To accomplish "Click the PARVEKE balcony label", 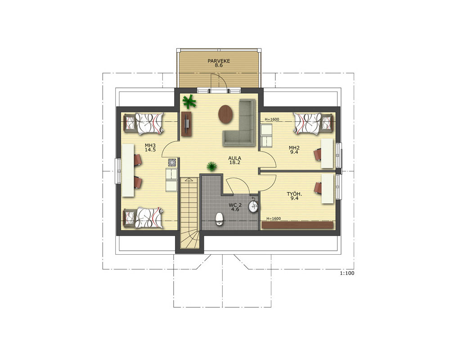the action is point(219,61).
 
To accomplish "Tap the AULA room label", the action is point(234,158).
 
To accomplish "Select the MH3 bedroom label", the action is point(150,145).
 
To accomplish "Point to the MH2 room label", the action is point(294,148).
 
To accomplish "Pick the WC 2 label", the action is point(235,205).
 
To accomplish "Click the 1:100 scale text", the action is point(347,273).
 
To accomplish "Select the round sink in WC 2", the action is point(253,206).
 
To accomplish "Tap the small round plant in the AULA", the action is point(212,166).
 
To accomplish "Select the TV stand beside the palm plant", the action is point(187,124).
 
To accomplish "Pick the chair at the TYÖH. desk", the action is point(318,188).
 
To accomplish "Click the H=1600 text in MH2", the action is point(272,119).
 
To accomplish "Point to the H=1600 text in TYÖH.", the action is point(274,219).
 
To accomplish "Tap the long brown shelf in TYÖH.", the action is point(297,225).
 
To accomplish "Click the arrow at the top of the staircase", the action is point(189,180).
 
